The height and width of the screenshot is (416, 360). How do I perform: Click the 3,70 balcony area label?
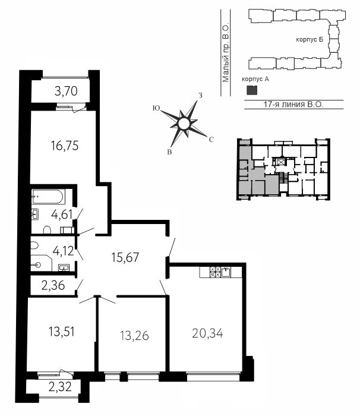point(66,92)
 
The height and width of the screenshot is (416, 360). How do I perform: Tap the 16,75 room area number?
point(65,146)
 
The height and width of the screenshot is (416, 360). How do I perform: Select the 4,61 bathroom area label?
point(62,214)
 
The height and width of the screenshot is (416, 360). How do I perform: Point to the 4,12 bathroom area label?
point(63,251)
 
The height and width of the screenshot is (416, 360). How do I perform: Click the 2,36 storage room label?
point(53,286)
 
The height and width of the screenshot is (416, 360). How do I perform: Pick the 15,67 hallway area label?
point(125,257)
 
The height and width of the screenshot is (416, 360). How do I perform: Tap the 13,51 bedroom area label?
point(62,332)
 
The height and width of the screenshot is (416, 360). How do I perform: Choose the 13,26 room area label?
point(134,336)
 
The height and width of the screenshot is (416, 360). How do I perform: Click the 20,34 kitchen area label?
point(207,333)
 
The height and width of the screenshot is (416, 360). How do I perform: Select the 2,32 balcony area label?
point(60,387)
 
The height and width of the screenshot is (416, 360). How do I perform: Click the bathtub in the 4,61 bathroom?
point(48,197)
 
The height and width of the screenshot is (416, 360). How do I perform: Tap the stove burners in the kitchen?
point(215,272)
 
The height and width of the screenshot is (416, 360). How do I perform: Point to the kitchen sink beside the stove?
point(226,272)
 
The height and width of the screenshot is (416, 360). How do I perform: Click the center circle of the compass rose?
point(184,124)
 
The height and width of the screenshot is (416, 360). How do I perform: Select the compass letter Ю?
point(156,108)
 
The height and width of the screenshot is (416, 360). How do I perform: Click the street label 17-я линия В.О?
point(293,104)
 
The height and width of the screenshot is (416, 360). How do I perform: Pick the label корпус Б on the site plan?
point(310,40)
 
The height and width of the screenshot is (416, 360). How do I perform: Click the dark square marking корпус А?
point(252,90)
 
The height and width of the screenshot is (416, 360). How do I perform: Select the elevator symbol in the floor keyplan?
point(280,161)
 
